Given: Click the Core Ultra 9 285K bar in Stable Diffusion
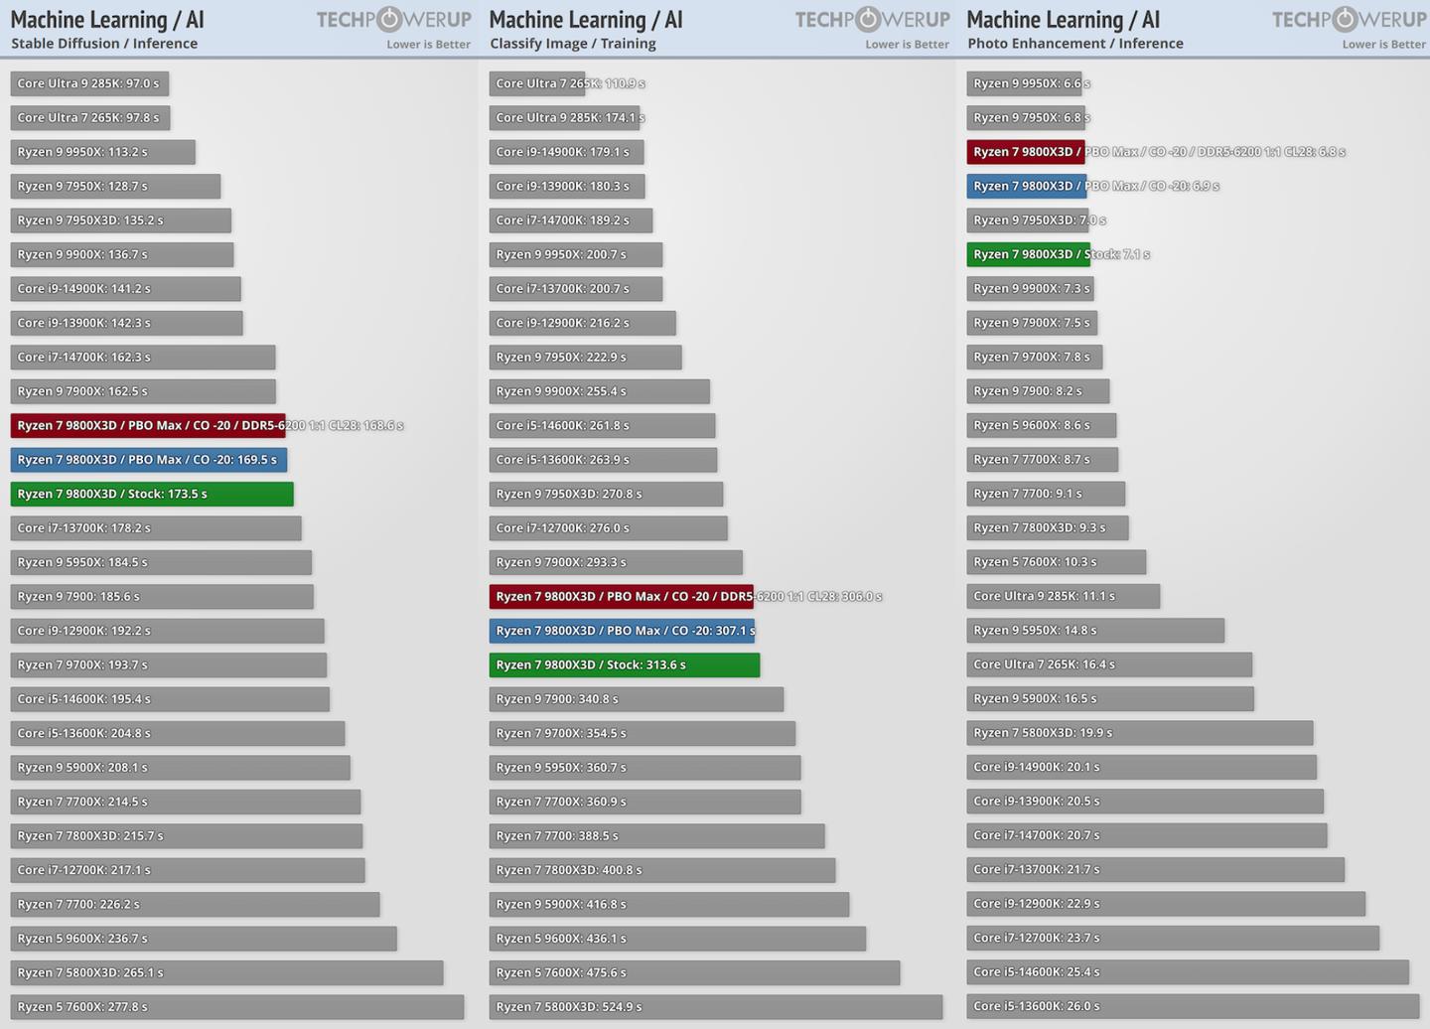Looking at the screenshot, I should click(x=89, y=83).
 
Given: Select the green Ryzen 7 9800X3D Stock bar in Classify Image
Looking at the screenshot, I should click(x=624, y=664).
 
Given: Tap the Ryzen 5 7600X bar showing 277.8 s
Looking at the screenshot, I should click(x=236, y=1006).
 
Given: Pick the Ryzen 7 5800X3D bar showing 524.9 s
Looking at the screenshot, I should click(x=715, y=1006).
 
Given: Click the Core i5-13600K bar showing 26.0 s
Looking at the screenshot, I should click(x=1193, y=1005).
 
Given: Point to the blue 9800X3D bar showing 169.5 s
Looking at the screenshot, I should click(x=149, y=460).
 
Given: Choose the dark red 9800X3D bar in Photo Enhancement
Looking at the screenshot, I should click(x=1026, y=152).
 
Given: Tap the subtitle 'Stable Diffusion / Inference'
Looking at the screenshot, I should click(x=104, y=44).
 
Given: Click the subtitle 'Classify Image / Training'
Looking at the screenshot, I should click(x=572, y=44).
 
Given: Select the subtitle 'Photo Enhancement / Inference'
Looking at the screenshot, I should click(x=1075, y=44).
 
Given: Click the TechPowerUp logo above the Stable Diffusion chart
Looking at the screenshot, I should click(x=393, y=20).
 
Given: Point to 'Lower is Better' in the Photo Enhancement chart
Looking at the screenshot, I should click(x=1383, y=45).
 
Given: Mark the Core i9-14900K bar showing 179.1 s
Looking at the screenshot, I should click(x=566, y=152).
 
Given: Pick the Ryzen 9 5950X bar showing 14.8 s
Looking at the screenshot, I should click(x=1094, y=630).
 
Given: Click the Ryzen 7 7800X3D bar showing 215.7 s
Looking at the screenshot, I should click(x=186, y=835).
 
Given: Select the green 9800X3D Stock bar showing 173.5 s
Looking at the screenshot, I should click(x=152, y=494).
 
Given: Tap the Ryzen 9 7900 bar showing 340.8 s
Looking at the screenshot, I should click(x=636, y=698).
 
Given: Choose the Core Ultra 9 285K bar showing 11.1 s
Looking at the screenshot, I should click(x=1063, y=596).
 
